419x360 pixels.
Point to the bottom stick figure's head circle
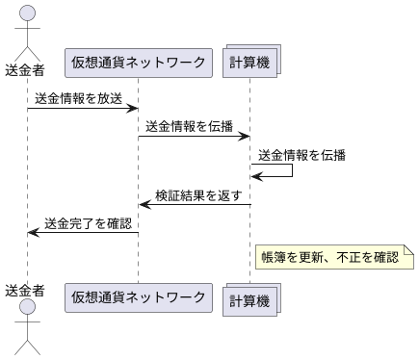pos(27,307)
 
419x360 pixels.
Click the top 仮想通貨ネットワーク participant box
pos(138,64)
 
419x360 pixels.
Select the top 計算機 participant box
pos(250,64)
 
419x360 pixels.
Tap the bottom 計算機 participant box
pos(250,299)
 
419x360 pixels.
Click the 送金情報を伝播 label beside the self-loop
pos(301,154)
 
